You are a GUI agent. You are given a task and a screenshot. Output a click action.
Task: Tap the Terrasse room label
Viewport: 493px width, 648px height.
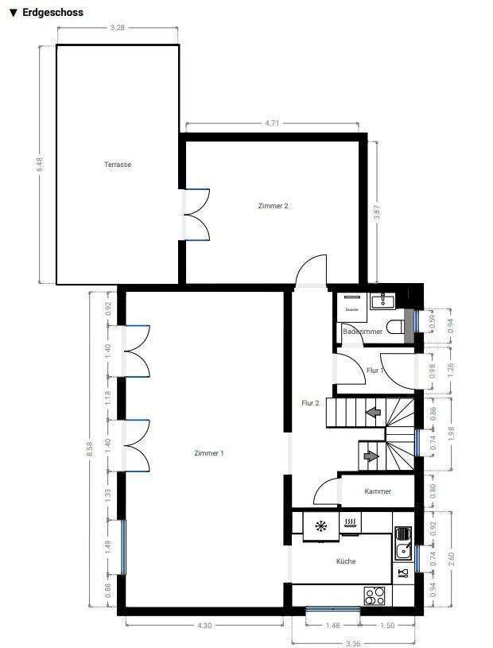click(x=118, y=165)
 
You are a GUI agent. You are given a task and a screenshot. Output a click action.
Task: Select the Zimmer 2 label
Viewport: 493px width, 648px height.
click(x=273, y=206)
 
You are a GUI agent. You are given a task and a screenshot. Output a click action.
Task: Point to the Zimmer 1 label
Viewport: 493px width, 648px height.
click(x=209, y=453)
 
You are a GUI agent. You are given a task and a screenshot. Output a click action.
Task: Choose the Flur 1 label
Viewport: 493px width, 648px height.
click(x=375, y=371)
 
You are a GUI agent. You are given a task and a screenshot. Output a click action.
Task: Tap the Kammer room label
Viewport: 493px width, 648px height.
click(x=378, y=491)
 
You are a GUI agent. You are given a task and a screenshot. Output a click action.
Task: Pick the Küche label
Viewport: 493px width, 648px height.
click(x=346, y=561)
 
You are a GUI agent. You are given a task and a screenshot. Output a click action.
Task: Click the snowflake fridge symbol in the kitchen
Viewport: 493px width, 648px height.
click(x=321, y=526)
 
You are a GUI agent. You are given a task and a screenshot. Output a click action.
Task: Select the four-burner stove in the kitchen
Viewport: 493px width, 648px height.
click(x=374, y=595)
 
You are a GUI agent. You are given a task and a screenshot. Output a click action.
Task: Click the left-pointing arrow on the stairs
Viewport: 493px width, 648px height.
click(x=371, y=413)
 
